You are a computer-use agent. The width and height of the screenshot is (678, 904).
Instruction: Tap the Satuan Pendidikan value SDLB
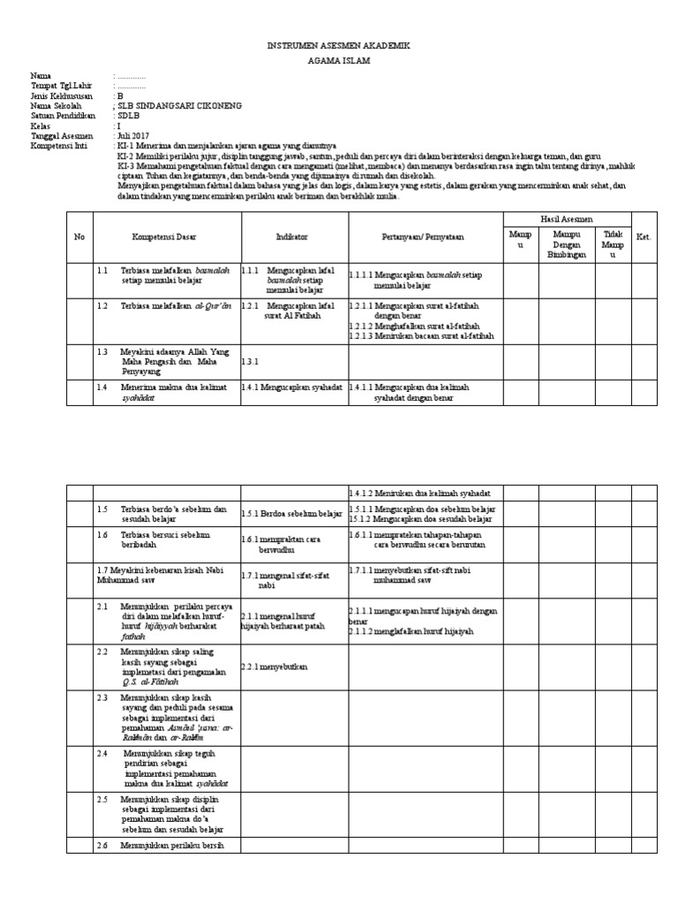tap(129, 116)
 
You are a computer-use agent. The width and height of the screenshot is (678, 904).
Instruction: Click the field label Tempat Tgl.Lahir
tap(62, 87)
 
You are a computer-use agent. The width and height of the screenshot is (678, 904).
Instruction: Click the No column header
tap(79, 237)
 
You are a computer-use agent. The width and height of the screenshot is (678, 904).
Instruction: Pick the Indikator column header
tap(291, 237)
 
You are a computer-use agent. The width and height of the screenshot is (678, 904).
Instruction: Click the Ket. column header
tap(644, 237)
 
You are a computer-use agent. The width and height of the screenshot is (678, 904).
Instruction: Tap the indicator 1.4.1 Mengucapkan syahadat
tap(292, 387)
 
